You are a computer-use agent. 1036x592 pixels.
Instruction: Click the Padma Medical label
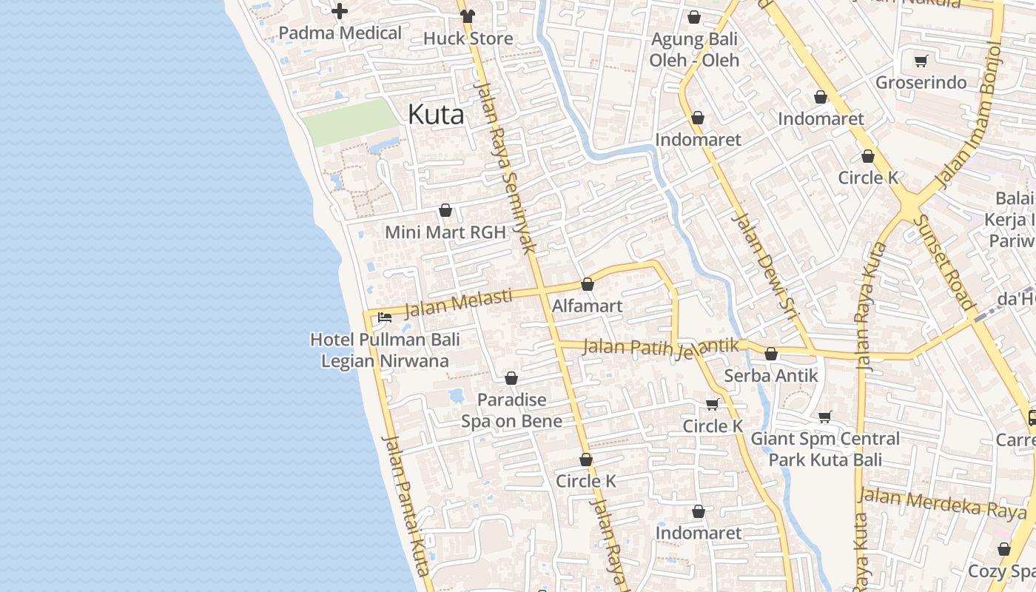[x=340, y=33]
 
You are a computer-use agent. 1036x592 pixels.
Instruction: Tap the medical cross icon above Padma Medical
[x=340, y=11]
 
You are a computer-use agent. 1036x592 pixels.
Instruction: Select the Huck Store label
[x=468, y=38]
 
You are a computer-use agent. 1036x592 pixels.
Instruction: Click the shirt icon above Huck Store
[x=467, y=16]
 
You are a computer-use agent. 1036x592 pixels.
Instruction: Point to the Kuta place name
[x=436, y=115]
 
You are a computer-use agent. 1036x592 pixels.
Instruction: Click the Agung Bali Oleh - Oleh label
[x=694, y=49]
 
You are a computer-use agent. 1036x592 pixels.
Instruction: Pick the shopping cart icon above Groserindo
[x=921, y=61]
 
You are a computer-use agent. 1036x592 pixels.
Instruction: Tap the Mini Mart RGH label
[x=445, y=232]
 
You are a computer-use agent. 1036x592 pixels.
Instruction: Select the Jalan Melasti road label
[x=458, y=302]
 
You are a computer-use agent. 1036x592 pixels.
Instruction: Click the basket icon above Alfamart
[x=588, y=284]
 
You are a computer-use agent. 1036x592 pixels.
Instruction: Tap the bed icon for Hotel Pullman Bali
[x=385, y=317]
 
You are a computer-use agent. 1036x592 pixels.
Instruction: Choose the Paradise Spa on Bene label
[x=511, y=411]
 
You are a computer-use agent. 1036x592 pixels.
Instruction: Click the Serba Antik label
[x=771, y=376]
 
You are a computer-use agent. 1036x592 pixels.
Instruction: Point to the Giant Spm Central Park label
[x=825, y=449]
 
